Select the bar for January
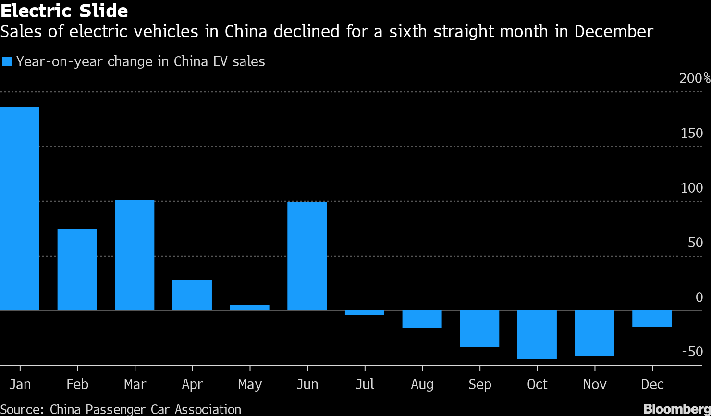tap(20, 208)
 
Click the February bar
tap(77, 269)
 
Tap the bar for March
tap(135, 255)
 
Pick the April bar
tap(192, 295)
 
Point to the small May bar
tap(249, 307)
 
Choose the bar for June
tap(307, 256)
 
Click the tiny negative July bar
tap(365, 313)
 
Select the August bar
tap(422, 319)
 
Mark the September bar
tap(479, 329)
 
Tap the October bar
tap(537, 335)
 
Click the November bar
tap(594, 333)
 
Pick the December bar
tap(652, 318)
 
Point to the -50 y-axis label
tap(692, 352)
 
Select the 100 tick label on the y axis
tap(692, 188)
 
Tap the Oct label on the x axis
tap(537, 385)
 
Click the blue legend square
tap(7, 61)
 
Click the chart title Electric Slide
tap(64, 11)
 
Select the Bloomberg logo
tap(677, 409)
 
